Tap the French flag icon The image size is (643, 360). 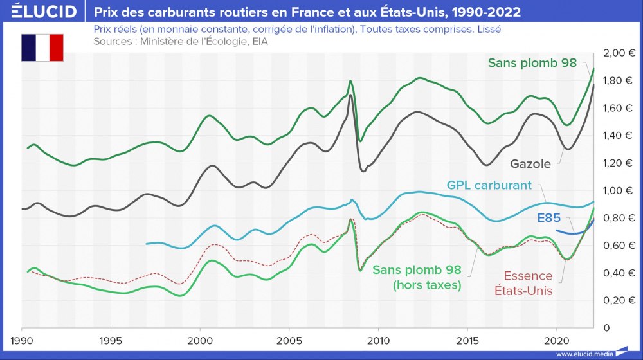42,47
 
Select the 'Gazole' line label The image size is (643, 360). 530,164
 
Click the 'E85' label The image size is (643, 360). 548,218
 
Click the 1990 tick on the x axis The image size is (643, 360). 22,339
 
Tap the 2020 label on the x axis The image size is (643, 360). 556,339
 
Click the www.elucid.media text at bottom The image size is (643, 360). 583,354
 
